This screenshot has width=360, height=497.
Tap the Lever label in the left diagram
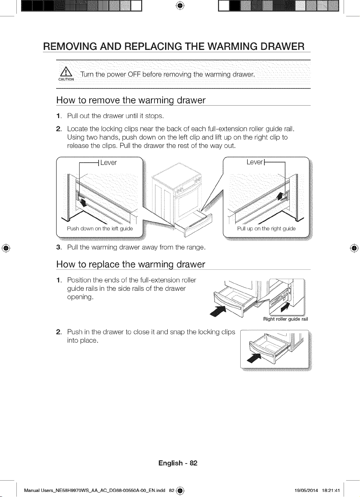[x=108, y=163]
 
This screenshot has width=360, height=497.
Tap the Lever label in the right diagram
[x=255, y=162]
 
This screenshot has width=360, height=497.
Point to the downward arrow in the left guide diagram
[x=83, y=202]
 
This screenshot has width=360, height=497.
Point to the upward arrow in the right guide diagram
[x=280, y=196]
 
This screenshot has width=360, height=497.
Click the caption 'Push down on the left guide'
[x=100, y=228]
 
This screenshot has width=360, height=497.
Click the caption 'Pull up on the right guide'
[x=266, y=228]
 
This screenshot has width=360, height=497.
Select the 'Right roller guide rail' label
[x=286, y=319]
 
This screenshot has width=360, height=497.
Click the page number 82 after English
[x=193, y=463]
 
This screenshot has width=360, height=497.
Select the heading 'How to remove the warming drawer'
[x=131, y=100]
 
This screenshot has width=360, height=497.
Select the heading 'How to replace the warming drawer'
[x=131, y=264]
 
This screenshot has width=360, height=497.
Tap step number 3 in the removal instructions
[x=59, y=247]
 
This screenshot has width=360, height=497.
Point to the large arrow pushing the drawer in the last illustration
[x=254, y=358]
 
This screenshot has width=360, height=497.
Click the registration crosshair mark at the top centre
[x=180, y=6]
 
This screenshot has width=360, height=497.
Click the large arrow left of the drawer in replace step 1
[x=218, y=311]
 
